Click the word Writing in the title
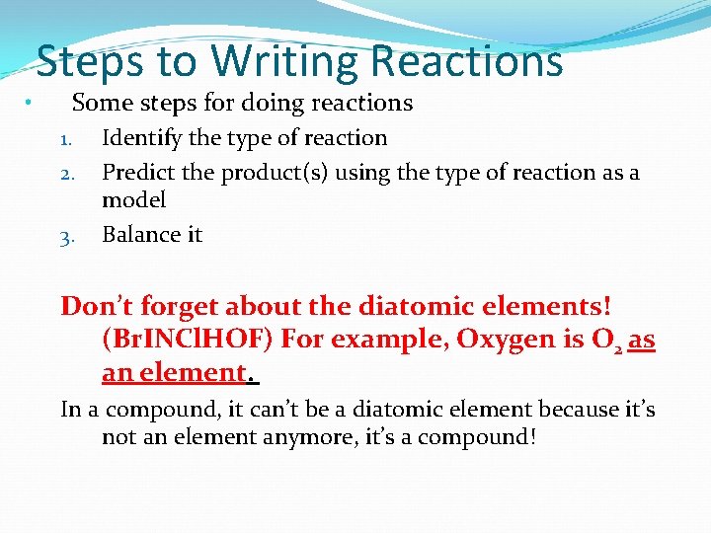coord(284,61)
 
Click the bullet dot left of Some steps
coord(30,104)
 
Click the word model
coord(133,199)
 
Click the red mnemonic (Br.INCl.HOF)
coord(188,340)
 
